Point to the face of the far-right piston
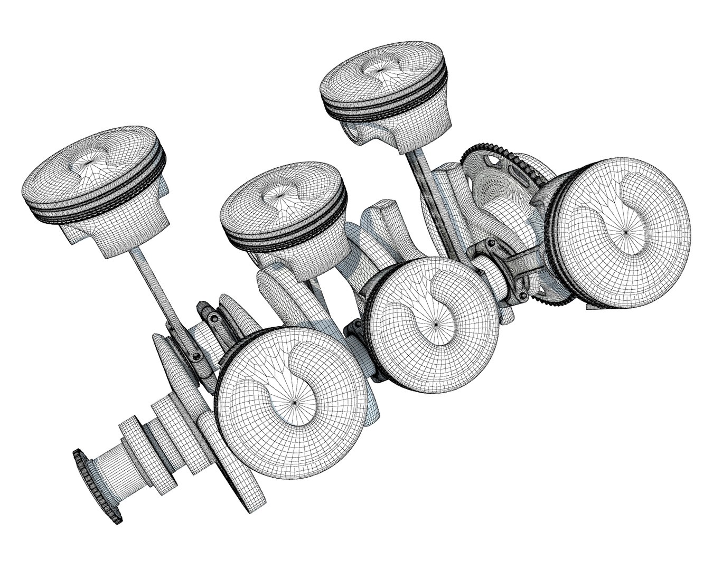(x=626, y=231)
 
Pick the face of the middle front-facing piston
(x=435, y=324)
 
